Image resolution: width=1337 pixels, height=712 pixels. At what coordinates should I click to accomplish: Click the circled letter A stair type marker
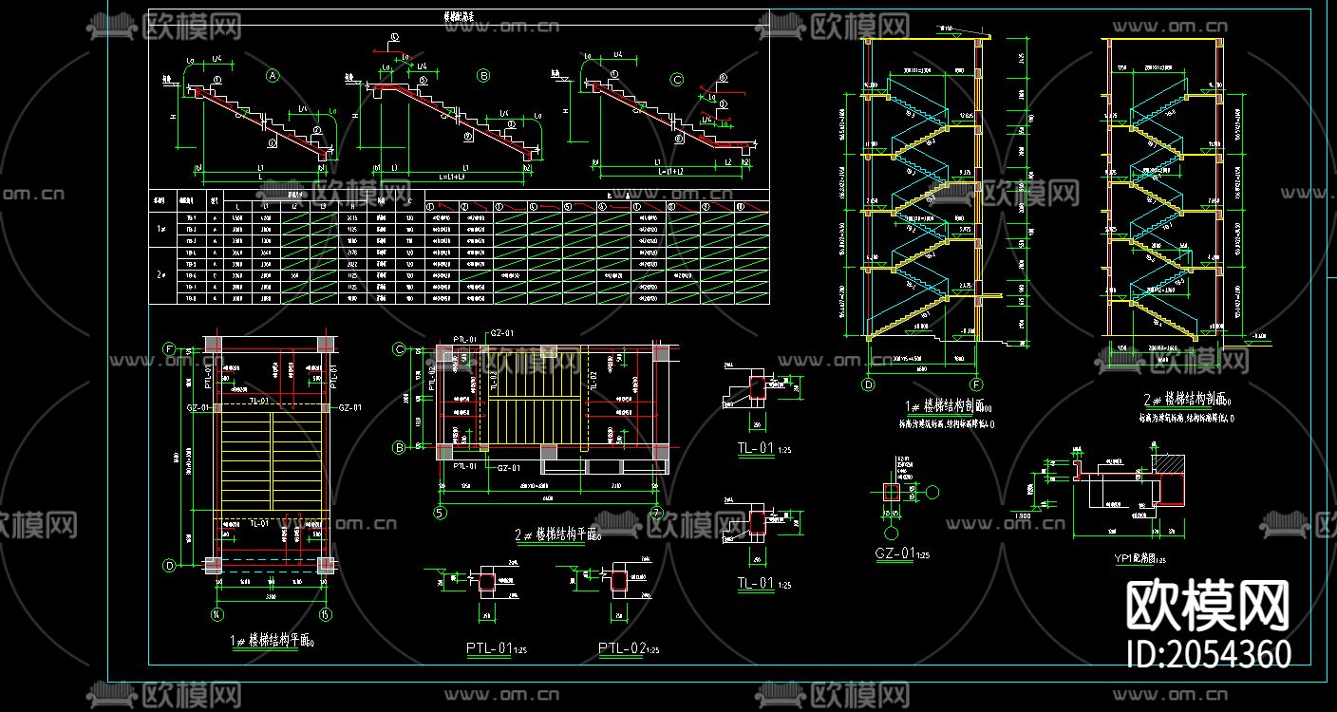click(x=273, y=75)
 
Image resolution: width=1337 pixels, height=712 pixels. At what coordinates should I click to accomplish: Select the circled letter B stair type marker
click(x=483, y=75)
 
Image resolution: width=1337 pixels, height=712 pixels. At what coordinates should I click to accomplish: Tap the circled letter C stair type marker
click(x=677, y=80)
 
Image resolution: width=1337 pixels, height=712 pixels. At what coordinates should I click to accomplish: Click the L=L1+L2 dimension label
click(x=669, y=172)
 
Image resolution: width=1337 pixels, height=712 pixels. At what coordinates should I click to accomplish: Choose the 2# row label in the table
click(x=161, y=275)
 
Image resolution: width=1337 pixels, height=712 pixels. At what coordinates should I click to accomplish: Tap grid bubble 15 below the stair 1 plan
click(x=326, y=613)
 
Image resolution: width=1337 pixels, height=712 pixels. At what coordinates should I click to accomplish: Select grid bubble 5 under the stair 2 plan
click(x=441, y=514)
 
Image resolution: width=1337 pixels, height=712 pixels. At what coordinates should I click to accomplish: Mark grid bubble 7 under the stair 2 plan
click(x=655, y=514)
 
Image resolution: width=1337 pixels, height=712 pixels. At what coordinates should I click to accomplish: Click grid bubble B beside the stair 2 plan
click(x=400, y=446)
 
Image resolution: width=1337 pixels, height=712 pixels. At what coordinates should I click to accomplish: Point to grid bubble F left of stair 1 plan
click(x=169, y=348)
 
